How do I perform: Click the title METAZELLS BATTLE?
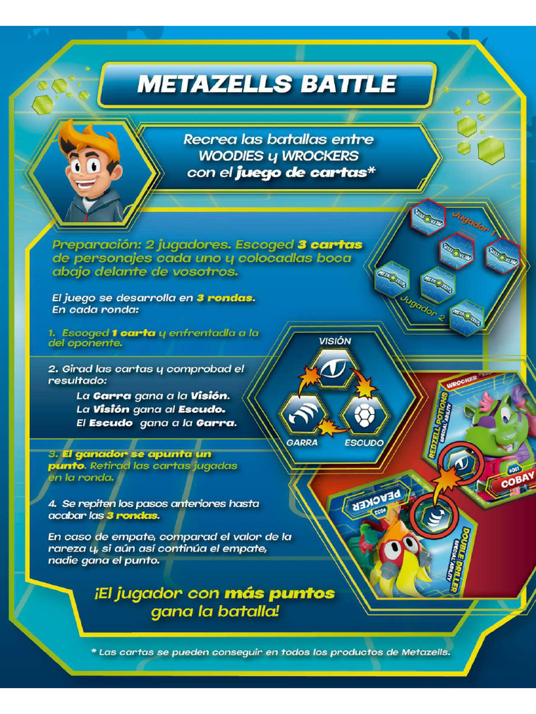267,84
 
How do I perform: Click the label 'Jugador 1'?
475,222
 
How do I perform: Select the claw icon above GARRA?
302,414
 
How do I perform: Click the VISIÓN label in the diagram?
335,341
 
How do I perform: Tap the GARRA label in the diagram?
302,442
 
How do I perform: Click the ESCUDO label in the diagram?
364,442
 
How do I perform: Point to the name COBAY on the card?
517,477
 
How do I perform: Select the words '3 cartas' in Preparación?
330,245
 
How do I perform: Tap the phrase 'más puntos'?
279,594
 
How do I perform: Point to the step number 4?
52,503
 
